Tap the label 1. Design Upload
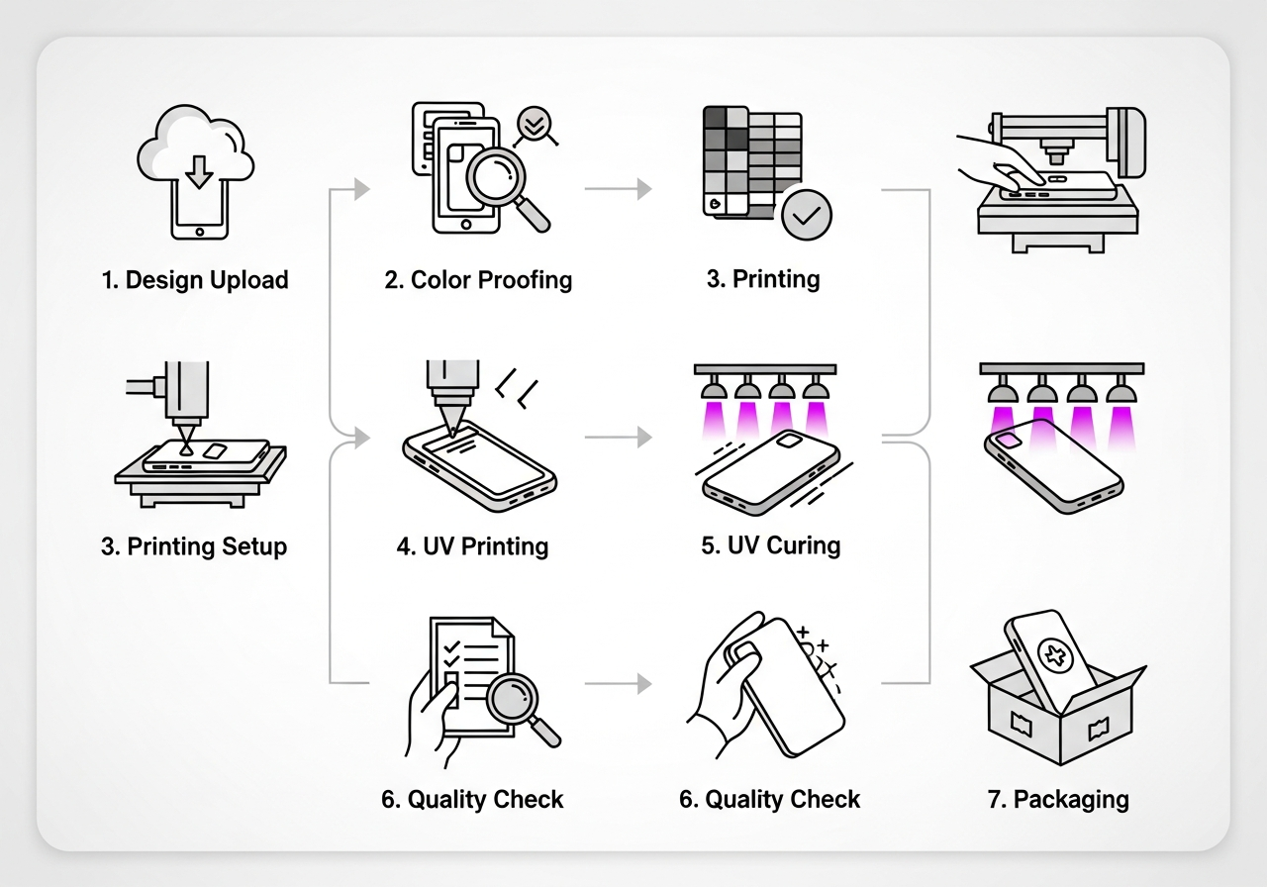pyautogui.click(x=195, y=280)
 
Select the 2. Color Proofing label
pyautogui.click(x=478, y=280)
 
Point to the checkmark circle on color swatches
pyautogui.click(x=806, y=213)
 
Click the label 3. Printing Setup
pyautogui.click(x=194, y=546)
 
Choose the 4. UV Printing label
pyautogui.click(x=472, y=546)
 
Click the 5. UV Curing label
pyautogui.click(x=770, y=545)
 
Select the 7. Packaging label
pyautogui.click(x=1058, y=800)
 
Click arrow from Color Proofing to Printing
pyautogui.click(x=619, y=188)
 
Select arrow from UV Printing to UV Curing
pyautogui.click(x=619, y=436)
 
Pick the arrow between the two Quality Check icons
pyautogui.click(x=619, y=683)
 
